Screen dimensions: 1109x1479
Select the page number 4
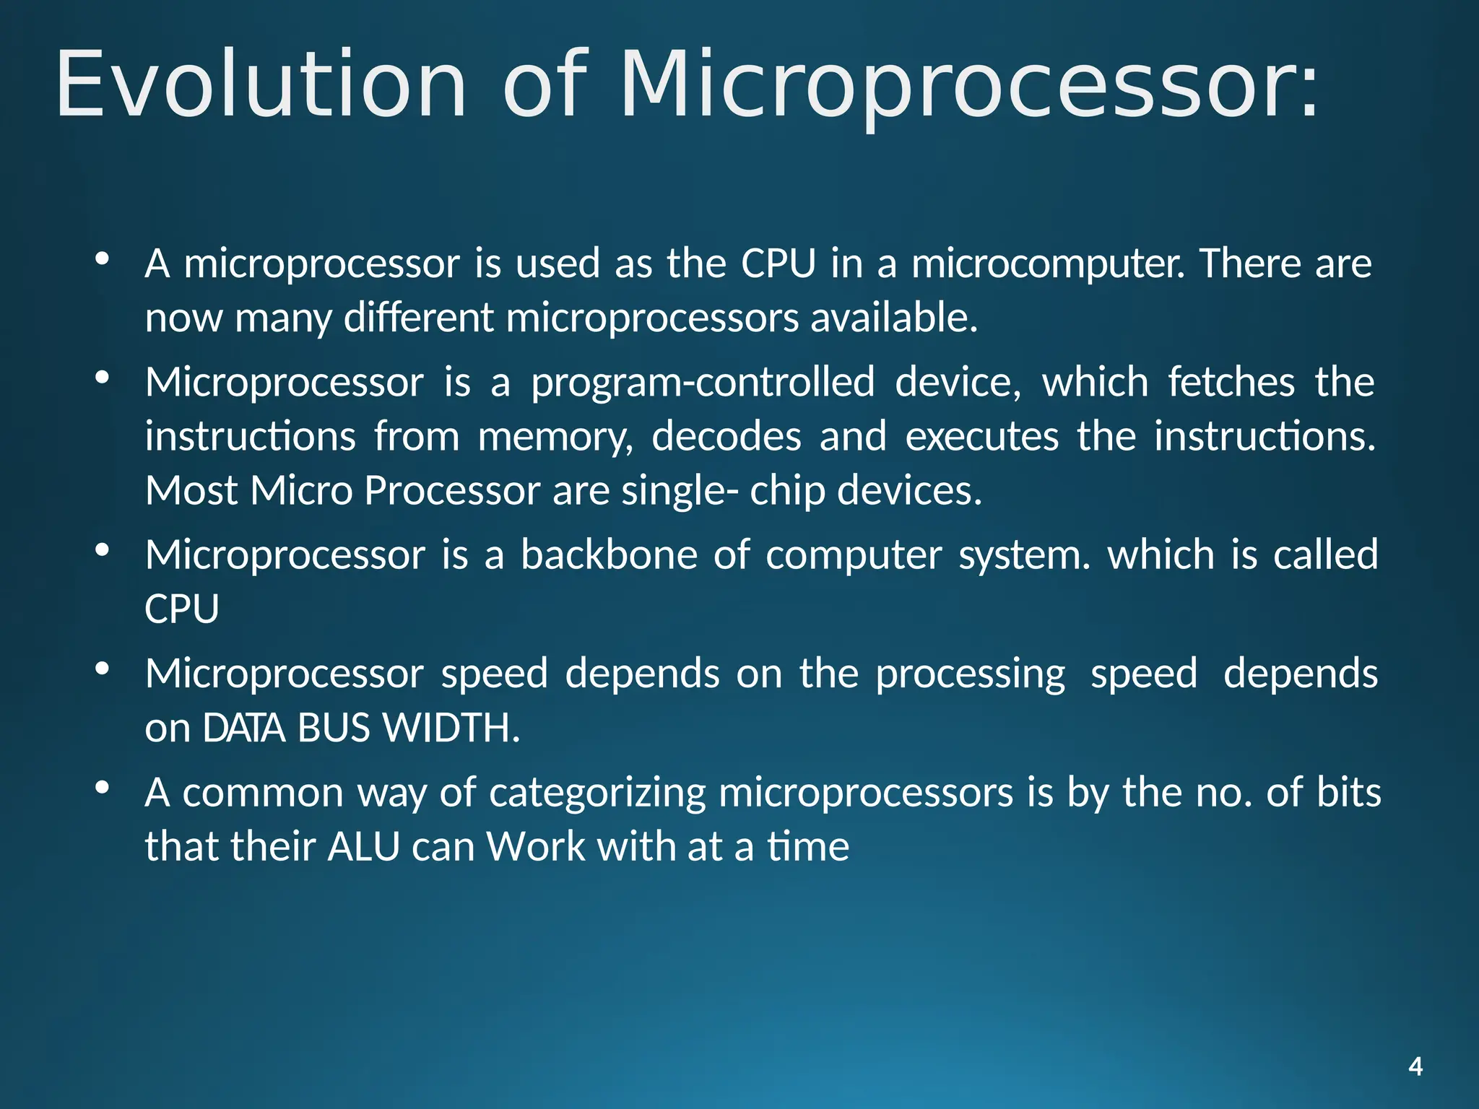[1415, 1066]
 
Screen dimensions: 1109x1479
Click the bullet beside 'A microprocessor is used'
[102, 258]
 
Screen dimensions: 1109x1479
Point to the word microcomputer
[1048, 264]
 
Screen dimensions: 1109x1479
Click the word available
[893, 318]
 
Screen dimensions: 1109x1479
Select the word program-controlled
[703, 383]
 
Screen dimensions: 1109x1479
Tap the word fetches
[1231, 382]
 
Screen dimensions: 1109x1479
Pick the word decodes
[727, 437]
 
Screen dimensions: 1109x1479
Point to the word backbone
[610, 555]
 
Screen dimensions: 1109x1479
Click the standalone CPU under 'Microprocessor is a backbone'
[182, 609]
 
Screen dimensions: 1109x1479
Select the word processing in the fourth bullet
[970, 675]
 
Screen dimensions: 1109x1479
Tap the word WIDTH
[451, 729]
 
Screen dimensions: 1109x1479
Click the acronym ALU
[363, 847]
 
